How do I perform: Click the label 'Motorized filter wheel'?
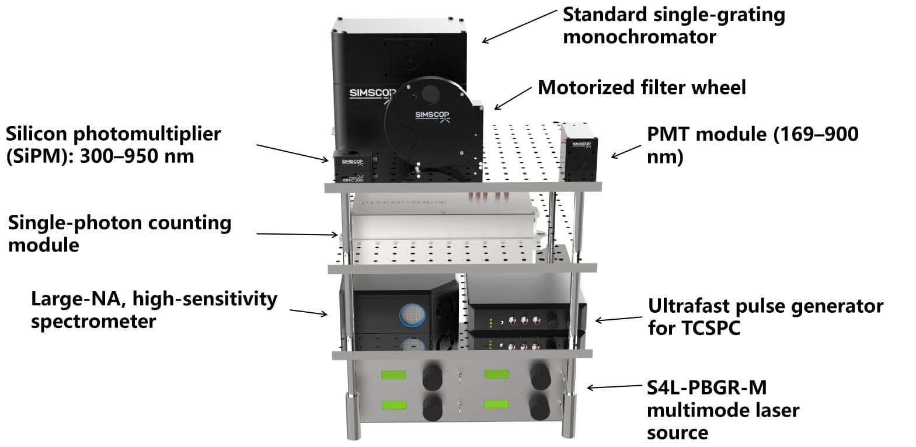point(641,88)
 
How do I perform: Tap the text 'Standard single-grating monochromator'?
point(673,26)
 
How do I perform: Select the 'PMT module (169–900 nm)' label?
point(752,145)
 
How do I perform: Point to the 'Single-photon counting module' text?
point(119,233)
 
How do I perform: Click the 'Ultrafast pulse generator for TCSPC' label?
point(765,317)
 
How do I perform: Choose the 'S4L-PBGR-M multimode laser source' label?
point(723,410)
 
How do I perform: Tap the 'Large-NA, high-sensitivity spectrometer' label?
point(154,310)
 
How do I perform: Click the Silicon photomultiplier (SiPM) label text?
point(113,145)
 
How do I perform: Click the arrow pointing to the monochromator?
point(519,26)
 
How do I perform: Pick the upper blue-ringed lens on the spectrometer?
point(413,315)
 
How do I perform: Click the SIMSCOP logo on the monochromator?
point(372,93)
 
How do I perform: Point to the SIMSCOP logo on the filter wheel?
point(432,115)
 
